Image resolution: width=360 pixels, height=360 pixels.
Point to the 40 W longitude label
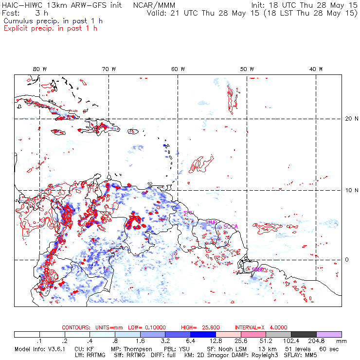tap(317, 69)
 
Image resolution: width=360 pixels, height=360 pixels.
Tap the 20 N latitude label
tap(346, 118)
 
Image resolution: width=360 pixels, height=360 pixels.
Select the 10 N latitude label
tap(346, 190)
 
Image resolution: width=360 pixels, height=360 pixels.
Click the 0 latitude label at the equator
tap(346, 260)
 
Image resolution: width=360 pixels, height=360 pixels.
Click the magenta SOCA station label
tap(231, 226)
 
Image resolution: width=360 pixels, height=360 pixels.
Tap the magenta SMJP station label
tap(211, 222)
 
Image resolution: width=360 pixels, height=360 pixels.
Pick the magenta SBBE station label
tap(257, 269)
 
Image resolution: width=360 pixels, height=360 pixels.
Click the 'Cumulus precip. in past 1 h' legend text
tap(53, 21)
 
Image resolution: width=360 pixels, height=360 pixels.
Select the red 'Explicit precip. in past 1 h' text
tap(51, 28)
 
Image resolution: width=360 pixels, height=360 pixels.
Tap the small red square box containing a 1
tap(26, 233)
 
